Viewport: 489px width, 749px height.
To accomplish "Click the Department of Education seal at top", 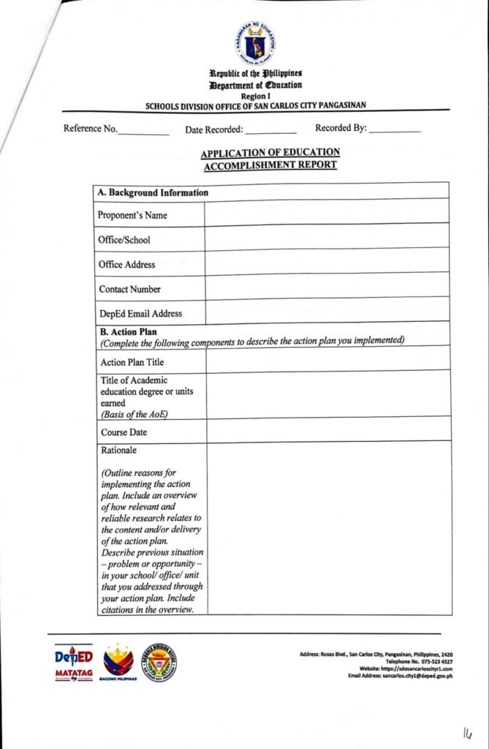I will click(255, 44).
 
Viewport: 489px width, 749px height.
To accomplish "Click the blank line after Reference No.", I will click(143, 132).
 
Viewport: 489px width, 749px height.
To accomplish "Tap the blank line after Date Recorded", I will click(270, 132).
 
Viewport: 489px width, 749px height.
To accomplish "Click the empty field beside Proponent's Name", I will click(326, 214).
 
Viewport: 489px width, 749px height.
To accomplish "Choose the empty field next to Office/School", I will click(326, 238).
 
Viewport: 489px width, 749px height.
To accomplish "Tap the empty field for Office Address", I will click(326, 263).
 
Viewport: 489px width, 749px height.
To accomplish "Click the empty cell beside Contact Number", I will click(326, 287).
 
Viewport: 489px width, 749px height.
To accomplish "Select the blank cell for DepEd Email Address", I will click(326, 312).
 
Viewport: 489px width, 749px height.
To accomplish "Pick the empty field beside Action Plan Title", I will click(326, 361).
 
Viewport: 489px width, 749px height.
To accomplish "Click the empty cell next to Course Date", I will click(326, 431).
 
